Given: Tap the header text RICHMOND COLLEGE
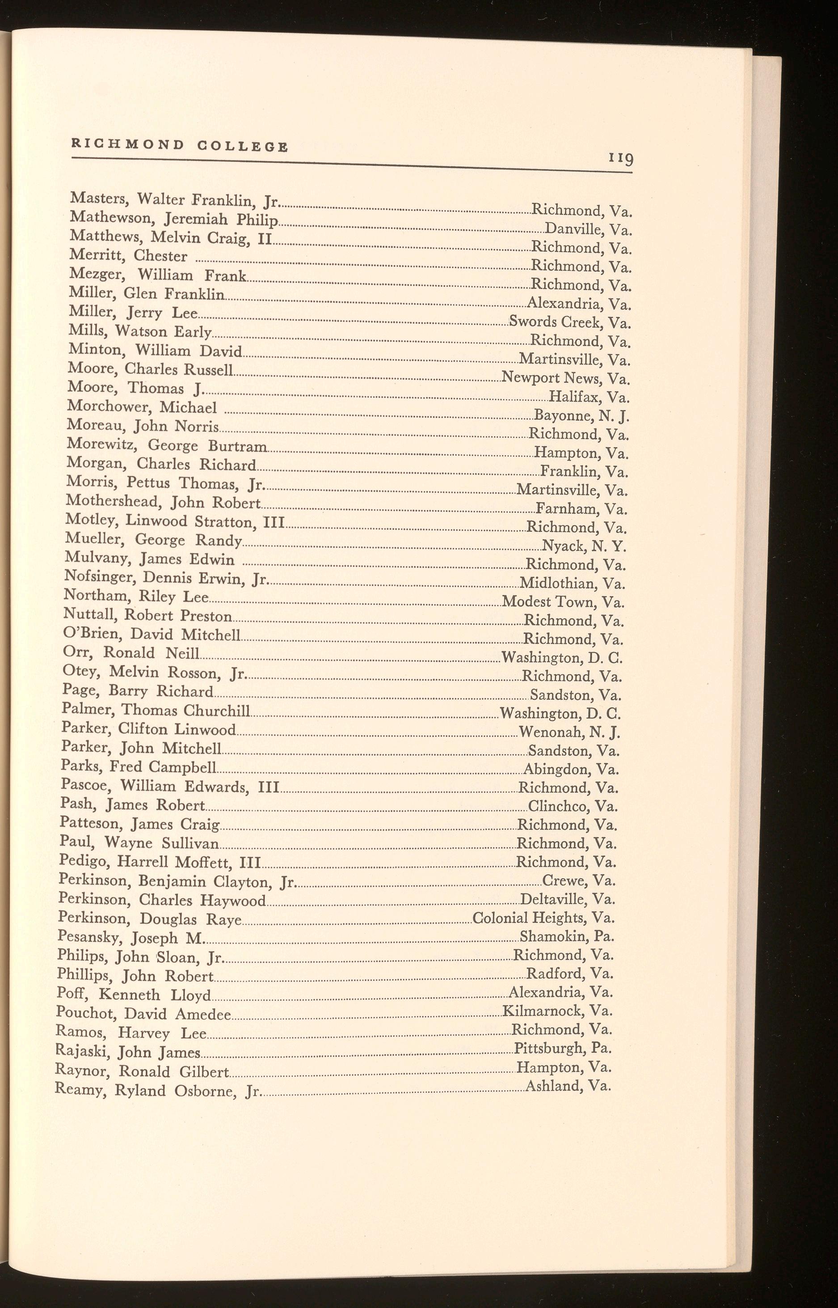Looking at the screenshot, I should coord(179,145).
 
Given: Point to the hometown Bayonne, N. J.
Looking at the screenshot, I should coord(582,416).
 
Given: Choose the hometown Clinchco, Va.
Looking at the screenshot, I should coord(573,806).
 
